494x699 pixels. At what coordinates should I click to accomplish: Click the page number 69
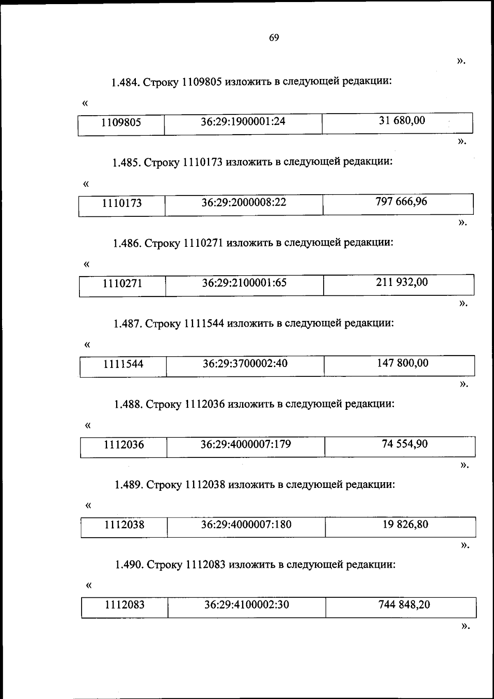point(274,38)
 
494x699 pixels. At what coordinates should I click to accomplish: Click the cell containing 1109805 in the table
point(121,122)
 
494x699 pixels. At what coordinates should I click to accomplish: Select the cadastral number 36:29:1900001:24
point(243,121)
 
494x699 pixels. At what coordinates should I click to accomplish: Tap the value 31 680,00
point(402,121)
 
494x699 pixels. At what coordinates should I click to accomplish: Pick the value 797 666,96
point(401,202)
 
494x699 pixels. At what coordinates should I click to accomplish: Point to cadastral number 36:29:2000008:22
point(244,202)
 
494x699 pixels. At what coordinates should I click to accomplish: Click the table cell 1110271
point(122,283)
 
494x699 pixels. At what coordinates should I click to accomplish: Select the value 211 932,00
point(402,282)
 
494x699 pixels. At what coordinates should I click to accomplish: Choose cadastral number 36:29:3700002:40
point(245,364)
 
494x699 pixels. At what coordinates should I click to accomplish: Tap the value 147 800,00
point(403,363)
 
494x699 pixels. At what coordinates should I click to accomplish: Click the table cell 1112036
point(123,445)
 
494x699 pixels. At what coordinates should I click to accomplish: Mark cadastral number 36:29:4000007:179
point(246,444)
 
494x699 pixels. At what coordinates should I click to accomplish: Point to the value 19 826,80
point(405,524)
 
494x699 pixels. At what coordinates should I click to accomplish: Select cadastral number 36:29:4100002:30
point(247,605)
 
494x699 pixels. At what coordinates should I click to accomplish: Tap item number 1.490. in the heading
point(129,565)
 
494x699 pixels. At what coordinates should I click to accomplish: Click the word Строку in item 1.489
point(164,485)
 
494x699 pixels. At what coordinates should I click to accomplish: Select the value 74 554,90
point(405,444)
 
